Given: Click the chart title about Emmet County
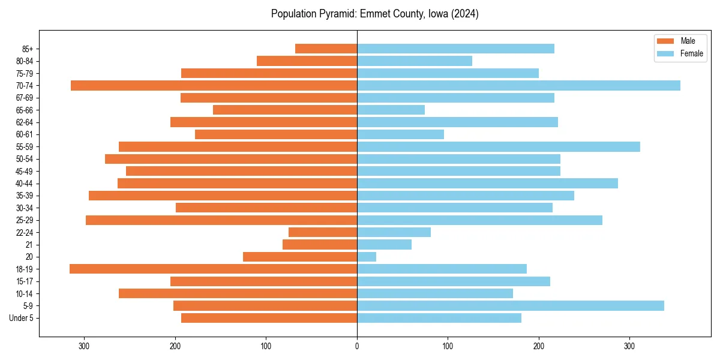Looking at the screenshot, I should tap(374, 14).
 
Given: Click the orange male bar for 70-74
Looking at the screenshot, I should tap(214, 85).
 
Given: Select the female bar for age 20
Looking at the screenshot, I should tap(367, 257).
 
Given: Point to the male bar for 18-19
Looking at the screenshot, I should tap(213, 269).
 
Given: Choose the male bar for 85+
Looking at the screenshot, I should tap(326, 49).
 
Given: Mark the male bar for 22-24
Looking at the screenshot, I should tap(323, 232).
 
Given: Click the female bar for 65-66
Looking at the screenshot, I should tap(391, 110).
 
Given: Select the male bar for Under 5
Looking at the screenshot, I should tap(269, 318).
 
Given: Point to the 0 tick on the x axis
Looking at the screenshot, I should tap(357, 346).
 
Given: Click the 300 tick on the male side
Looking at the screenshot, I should tap(85, 346).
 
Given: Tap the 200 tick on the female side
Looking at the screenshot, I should tap(539, 346).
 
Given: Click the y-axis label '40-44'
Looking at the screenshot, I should tap(25, 184).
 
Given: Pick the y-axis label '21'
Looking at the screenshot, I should tap(29, 245).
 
